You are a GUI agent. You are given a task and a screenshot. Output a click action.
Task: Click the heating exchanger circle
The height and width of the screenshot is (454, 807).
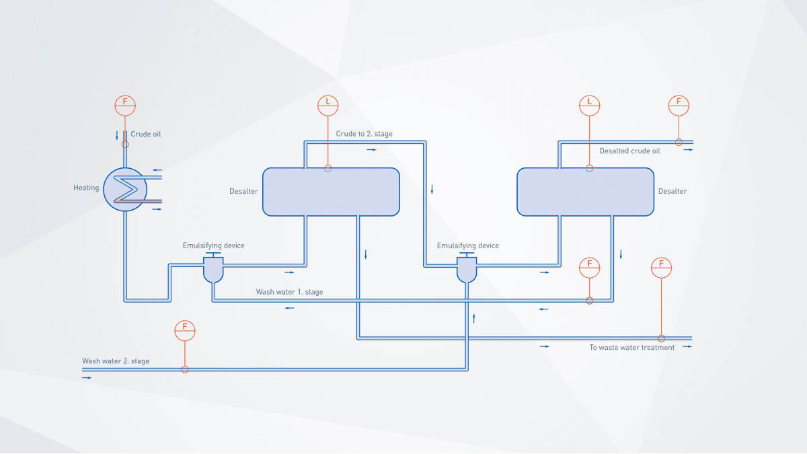[x=125, y=190]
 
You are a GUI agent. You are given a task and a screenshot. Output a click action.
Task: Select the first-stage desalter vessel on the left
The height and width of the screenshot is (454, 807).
[x=331, y=192]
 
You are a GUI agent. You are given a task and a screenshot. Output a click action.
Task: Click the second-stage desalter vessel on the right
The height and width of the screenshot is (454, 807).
[x=585, y=192]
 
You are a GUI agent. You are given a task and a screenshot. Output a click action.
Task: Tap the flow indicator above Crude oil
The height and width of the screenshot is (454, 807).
[x=125, y=105]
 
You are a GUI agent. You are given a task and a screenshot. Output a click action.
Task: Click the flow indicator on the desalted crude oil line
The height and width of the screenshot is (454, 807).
[x=679, y=105]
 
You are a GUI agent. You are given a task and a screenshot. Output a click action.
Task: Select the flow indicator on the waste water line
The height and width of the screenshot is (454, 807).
[x=662, y=267]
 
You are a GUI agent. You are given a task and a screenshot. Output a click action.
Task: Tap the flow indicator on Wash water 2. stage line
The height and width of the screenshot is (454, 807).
[x=185, y=330]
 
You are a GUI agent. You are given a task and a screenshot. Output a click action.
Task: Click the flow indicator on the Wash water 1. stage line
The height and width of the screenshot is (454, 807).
[x=589, y=267]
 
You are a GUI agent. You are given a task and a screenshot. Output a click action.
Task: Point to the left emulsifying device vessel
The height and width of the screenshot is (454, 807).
[x=213, y=270]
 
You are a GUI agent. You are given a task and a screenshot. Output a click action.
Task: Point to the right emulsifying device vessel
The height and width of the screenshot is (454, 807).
[x=467, y=270]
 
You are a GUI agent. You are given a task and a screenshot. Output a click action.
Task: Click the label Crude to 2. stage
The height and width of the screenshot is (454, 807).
[x=364, y=134]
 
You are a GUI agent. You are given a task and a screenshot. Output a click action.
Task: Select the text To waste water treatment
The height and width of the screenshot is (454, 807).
[x=631, y=348]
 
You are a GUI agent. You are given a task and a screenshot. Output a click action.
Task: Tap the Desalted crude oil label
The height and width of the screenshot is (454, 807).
[x=629, y=151]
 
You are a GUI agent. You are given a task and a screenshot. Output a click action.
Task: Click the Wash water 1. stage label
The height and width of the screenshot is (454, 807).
[x=289, y=292]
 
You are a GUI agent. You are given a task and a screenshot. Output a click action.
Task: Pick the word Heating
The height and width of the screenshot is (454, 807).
[x=86, y=188]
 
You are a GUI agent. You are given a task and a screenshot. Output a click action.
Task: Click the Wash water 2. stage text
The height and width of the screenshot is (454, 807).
[x=116, y=361]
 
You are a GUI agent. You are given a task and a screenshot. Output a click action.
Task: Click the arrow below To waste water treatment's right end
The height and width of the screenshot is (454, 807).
[x=687, y=347]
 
